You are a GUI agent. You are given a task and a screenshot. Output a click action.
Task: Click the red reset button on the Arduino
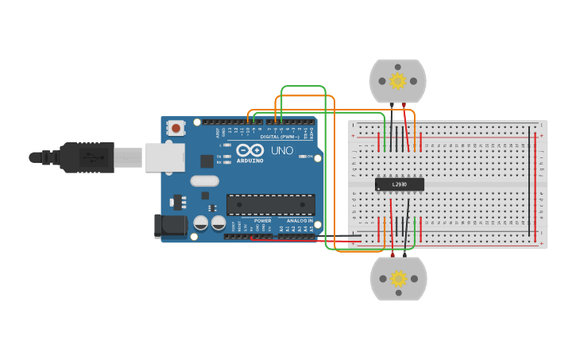pos(176,127)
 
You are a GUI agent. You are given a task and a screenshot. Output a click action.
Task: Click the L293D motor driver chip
pos(399,184)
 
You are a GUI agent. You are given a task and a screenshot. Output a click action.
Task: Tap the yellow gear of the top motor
pos(398,81)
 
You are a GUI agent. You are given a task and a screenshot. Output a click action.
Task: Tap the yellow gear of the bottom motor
pos(398,278)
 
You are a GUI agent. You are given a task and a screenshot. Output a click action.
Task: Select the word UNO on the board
pos(281,150)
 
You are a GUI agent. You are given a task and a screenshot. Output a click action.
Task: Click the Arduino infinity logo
pos(249,150)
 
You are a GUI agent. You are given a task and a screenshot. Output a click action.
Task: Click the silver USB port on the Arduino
pos(164,157)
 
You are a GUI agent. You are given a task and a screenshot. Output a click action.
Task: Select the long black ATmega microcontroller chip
pos(270,204)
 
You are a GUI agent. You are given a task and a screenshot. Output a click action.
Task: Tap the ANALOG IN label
pos(300,220)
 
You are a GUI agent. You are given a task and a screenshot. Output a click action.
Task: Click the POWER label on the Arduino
pos(262,220)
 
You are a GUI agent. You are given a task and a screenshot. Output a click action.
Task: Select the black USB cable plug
pos(87,157)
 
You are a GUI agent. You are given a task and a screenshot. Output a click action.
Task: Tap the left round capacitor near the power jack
pos(202,223)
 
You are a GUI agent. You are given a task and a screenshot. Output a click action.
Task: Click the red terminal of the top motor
pos(404,105)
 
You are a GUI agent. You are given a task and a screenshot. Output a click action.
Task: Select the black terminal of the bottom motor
pos(405,254)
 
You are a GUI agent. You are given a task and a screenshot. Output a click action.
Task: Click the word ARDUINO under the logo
pos(249,160)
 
